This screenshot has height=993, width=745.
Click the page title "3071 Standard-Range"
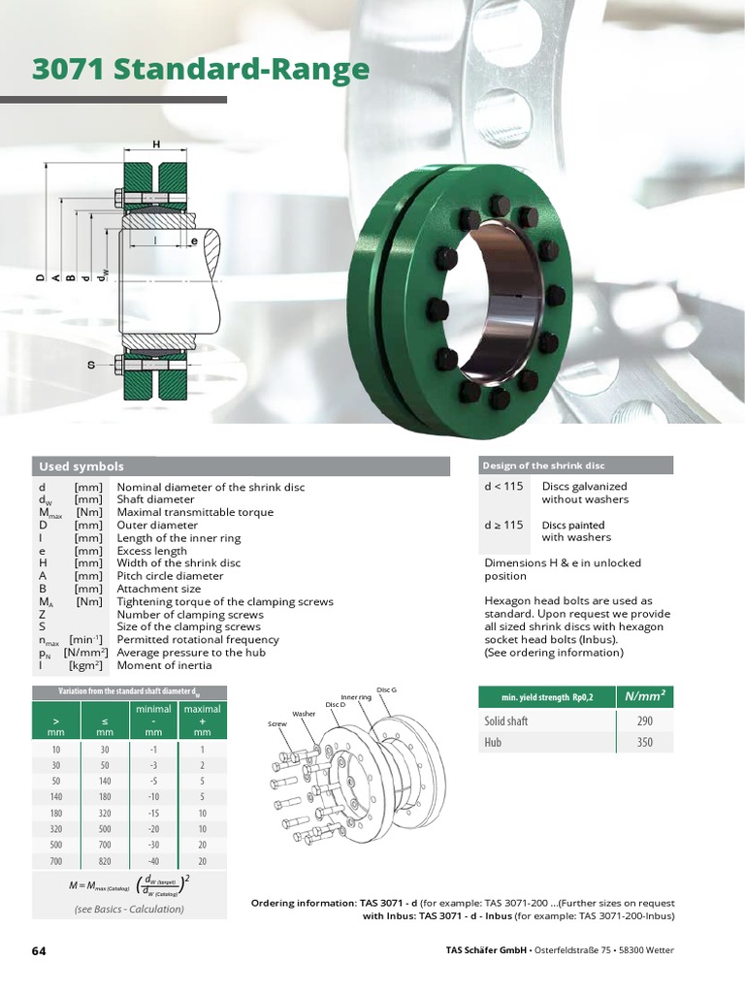pos(201,70)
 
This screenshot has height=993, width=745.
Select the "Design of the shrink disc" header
pos(543,465)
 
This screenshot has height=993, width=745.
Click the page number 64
pos(39,950)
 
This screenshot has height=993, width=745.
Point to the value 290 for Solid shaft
pos(645,721)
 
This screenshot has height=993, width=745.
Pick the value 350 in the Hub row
pos(645,743)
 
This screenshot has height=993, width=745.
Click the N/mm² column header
pos(645,695)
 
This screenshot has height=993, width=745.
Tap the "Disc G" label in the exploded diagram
pos(387,689)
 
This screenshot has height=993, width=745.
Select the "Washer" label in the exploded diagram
pos(305,713)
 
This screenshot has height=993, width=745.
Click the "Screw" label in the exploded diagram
pos(278,724)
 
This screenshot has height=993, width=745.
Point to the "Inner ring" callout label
pos(356,696)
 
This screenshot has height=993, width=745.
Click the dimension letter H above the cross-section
pos(155,144)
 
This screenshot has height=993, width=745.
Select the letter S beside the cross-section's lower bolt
pos(92,366)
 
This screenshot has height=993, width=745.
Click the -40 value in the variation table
pos(153,859)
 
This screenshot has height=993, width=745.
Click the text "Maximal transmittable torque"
pos(195,512)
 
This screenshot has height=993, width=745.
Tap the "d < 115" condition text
pos(503,486)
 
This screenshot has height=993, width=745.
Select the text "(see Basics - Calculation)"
pos(129,910)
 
